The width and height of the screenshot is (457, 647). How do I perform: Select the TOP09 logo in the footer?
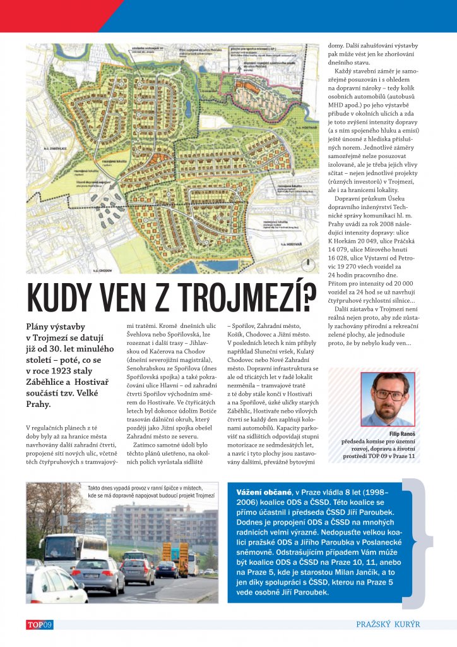click(x=39, y=625)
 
